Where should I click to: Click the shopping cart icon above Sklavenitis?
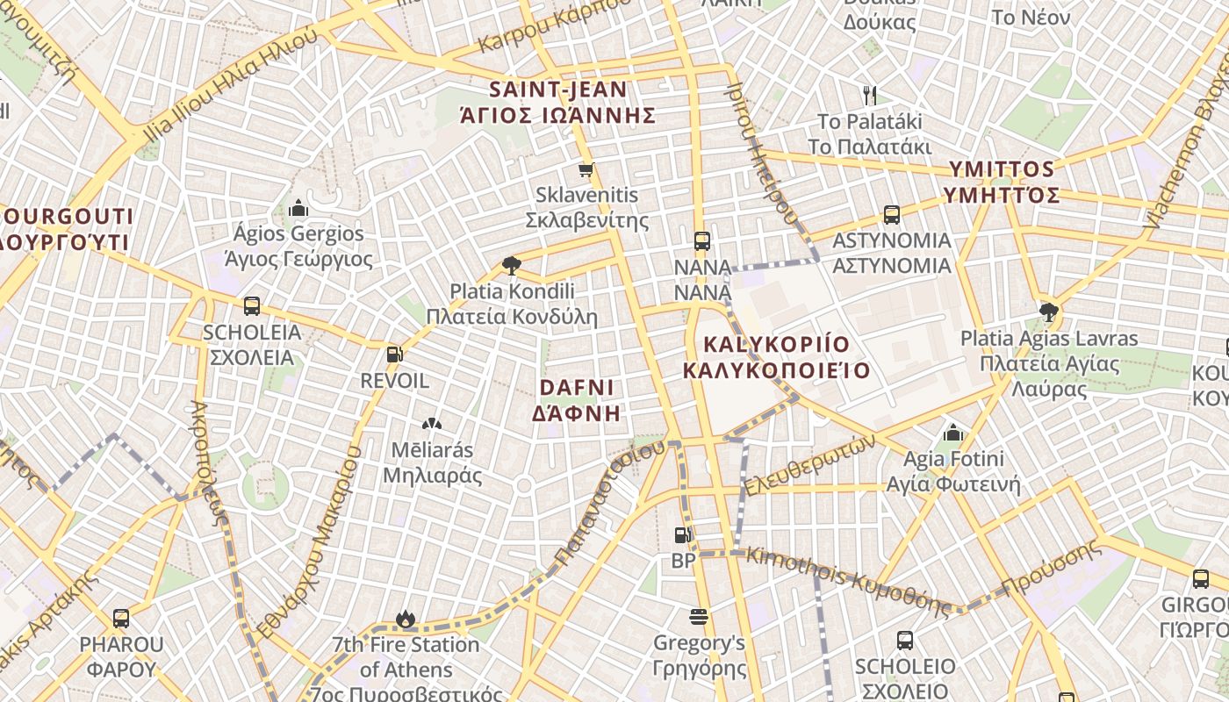tap(586, 169)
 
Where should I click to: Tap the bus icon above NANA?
tap(701, 240)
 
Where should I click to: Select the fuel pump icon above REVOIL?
tap(395, 355)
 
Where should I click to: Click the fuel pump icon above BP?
tap(682, 534)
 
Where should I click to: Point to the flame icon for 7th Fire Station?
tap(406, 619)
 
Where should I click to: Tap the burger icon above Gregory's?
tap(699, 617)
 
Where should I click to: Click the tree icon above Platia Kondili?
tap(511, 265)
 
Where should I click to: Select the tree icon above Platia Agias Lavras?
tap(1048, 312)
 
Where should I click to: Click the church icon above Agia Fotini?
tap(953, 432)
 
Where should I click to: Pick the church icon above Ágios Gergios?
tap(298, 208)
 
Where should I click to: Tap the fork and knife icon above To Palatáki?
tap(870, 95)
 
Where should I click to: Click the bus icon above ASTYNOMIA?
tap(892, 214)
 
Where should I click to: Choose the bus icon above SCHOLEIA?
tap(252, 306)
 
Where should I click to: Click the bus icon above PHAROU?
tap(121, 618)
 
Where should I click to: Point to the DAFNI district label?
tap(577, 399)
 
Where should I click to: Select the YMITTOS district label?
tap(1003, 182)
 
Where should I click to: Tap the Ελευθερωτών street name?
tap(809, 466)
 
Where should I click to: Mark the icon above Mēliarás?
tap(431, 425)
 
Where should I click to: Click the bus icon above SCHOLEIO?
tap(905, 641)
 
